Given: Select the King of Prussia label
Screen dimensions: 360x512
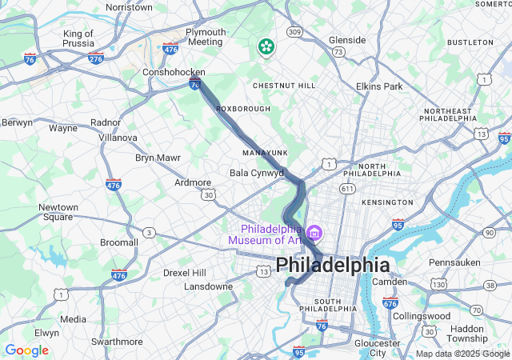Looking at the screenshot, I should (x=78, y=39).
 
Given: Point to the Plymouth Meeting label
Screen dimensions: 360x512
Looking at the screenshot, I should (x=205, y=37).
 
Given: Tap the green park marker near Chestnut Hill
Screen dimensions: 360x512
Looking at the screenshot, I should (x=265, y=47).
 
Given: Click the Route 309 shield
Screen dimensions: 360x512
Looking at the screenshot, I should (x=295, y=32).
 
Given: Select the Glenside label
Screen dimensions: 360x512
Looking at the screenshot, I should (x=347, y=40).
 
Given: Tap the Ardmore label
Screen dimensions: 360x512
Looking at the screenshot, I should (x=193, y=182).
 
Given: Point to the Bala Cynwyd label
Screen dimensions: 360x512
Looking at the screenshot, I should (x=256, y=173).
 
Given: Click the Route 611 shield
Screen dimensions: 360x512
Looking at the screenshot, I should (x=346, y=188).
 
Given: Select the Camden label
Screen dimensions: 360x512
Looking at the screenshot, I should (x=390, y=282).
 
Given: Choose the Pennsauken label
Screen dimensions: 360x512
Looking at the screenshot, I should (x=454, y=262).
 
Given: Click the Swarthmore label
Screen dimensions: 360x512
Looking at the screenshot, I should (x=118, y=341).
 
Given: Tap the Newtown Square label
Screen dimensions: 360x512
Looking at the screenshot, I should (x=58, y=212).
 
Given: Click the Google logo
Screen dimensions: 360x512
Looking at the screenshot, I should (x=26, y=350).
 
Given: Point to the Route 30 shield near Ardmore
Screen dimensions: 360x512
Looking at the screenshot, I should (x=208, y=194).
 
